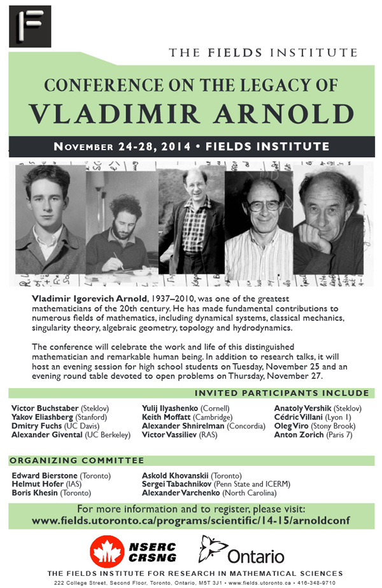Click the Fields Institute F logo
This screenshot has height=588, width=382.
[x=29, y=26]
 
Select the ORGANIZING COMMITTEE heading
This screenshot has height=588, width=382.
[x=76, y=460]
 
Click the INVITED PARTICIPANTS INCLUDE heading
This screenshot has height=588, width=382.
[x=281, y=393]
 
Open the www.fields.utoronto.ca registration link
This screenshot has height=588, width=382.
[x=191, y=521]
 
